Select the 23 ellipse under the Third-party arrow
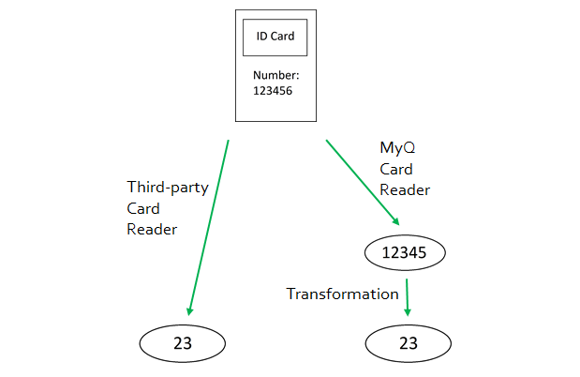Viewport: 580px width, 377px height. pyautogui.click(x=183, y=343)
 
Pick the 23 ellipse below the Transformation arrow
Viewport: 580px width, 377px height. pyautogui.click(x=408, y=343)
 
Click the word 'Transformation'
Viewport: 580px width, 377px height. pyautogui.click(x=342, y=294)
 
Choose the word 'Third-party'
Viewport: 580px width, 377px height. pyautogui.click(x=168, y=187)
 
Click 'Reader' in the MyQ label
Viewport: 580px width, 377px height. pyautogui.click(x=405, y=189)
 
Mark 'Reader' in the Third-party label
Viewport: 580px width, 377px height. pyautogui.click(x=153, y=228)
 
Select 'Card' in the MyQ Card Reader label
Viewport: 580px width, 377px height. pyautogui.click(x=396, y=169)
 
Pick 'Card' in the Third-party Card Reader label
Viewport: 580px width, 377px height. pyautogui.click(x=143, y=207)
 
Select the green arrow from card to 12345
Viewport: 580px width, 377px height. pyautogui.click(x=361, y=180)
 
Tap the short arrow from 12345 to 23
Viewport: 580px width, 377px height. pyautogui.click(x=408, y=294)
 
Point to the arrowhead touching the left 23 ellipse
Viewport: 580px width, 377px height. pyautogui.click(x=190, y=310)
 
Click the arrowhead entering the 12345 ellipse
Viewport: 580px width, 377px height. pyautogui.click(x=394, y=219)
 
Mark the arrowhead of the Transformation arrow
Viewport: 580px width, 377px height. pyautogui.click(x=409, y=311)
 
